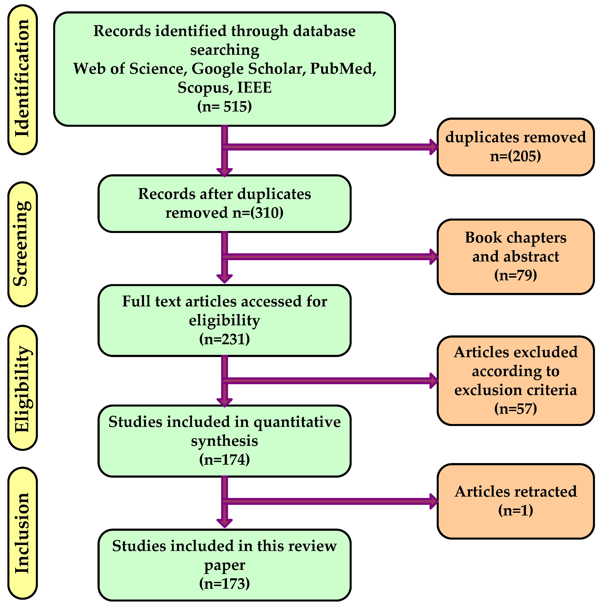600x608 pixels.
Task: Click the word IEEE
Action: pyautogui.click(x=254, y=88)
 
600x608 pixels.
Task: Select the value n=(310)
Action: pyautogui.click(x=258, y=213)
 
